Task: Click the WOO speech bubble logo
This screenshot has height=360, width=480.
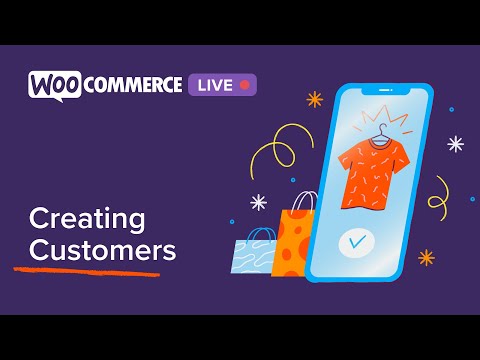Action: (x=54, y=84)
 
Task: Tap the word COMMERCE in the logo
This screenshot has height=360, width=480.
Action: (x=133, y=84)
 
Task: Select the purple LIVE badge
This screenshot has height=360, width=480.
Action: (x=222, y=85)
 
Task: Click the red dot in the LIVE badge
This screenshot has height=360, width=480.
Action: (x=244, y=85)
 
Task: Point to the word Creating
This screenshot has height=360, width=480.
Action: (x=87, y=218)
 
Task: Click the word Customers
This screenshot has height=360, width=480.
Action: (x=102, y=249)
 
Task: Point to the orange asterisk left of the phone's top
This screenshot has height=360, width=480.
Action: (x=314, y=99)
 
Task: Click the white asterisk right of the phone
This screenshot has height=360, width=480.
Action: (x=456, y=144)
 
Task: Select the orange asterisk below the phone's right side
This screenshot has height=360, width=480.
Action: (x=427, y=258)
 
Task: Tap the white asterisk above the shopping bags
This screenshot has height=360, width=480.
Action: (x=258, y=202)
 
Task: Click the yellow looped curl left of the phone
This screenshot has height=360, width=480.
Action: (x=276, y=156)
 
